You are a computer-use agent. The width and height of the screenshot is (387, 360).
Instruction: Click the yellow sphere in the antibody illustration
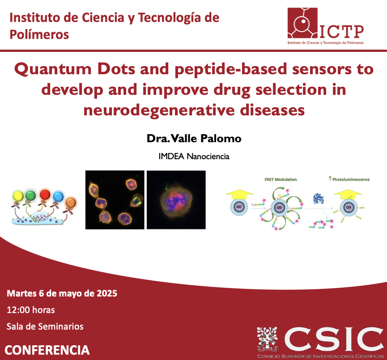point(18,196)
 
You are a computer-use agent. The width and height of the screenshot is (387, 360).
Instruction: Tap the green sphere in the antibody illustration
point(30,195)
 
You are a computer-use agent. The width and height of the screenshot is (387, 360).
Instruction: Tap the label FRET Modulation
point(280,179)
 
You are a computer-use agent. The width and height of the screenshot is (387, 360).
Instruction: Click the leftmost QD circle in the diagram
point(239,208)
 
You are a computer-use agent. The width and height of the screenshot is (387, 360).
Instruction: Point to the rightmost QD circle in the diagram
point(349,208)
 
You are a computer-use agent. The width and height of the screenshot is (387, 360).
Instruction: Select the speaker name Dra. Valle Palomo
point(194,139)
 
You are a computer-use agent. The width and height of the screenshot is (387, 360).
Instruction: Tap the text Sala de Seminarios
point(45,326)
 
